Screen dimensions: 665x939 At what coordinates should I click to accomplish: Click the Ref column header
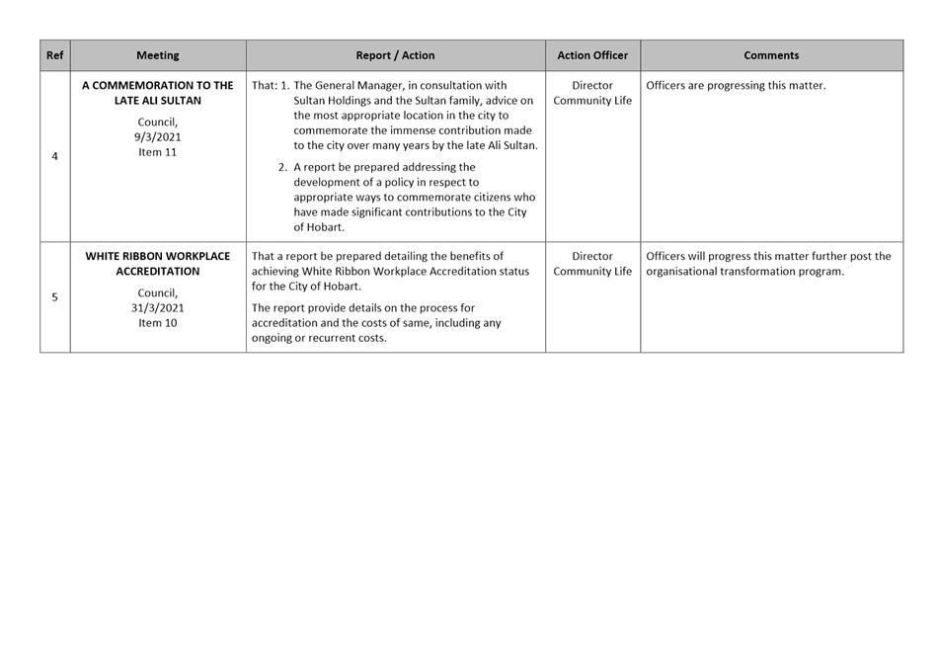(54, 55)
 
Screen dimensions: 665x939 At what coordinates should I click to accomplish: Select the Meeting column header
(158, 55)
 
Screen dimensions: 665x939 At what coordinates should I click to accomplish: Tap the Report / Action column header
(395, 55)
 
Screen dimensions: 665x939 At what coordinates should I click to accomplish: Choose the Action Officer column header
(592, 55)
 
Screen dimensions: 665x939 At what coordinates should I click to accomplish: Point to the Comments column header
(771, 55)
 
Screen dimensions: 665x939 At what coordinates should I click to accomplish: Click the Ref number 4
(54, 156)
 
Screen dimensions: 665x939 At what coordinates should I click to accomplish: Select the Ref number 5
(54, 297)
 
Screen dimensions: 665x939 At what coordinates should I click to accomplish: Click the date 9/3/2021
(158, 137)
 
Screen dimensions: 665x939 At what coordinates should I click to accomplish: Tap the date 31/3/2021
(158, 308)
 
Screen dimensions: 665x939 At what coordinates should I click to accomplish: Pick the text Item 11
(158, 152)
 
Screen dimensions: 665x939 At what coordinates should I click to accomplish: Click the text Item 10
(158, 323)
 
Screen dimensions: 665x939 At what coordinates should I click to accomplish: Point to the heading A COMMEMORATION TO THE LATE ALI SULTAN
(158, 93)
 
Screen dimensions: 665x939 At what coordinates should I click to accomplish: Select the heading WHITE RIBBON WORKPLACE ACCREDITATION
(158, 264)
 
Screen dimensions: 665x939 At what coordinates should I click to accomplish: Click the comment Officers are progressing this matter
(736, 86)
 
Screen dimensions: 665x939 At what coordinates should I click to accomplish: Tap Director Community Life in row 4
(592, 93)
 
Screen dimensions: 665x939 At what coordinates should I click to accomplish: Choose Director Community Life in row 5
(592, 264)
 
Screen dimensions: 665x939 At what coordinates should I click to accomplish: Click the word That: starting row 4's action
(265, 86)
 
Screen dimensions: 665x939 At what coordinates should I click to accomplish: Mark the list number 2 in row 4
(282, 168)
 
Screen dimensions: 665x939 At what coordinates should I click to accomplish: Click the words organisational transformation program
(744, 272)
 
